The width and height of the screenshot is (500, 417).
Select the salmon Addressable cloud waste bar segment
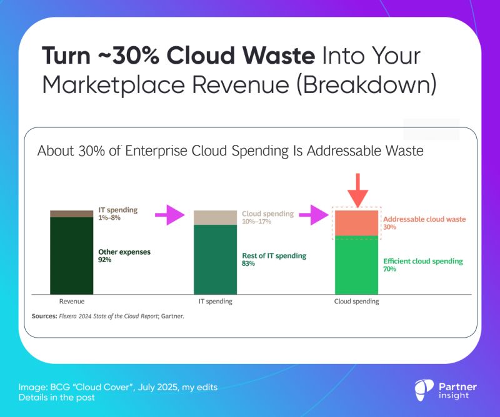click(357, 223)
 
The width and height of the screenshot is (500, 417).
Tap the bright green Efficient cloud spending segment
click(357, 265)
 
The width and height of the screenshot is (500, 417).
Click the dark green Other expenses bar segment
click(72, 255)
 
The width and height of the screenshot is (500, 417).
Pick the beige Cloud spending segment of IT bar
click(215, 217)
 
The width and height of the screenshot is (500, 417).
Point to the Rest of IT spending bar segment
click(215, 259)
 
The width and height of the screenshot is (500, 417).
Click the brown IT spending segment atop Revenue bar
click(72, 213)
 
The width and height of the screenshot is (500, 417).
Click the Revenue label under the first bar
click(71, 302)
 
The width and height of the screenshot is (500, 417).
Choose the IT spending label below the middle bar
click(215, 302)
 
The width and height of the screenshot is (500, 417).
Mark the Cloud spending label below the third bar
click(356, 302)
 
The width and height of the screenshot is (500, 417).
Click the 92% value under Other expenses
click(104, 260)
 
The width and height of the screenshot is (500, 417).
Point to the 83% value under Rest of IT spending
click(248, 263)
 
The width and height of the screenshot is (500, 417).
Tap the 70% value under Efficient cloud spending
click(389, 269)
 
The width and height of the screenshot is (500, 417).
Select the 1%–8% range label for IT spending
click(110, 218)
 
